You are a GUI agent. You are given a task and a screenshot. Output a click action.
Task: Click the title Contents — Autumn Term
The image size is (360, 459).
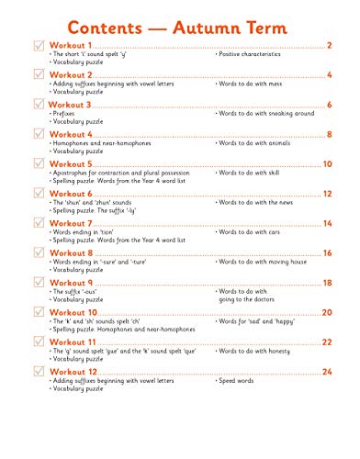[180, 18]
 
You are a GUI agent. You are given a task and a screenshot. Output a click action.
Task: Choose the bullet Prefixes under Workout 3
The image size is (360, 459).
[63, 115]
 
